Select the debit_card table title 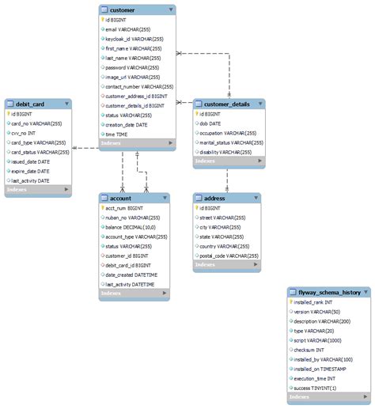coord(30,104)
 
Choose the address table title coord(215,198)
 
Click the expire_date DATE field coord(32,171)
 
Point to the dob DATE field coord(211,123)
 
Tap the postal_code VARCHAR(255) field coord(229,256)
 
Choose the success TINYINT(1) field coord(315,388)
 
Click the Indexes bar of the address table coord(227,265)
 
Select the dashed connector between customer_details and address coord(227,180)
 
